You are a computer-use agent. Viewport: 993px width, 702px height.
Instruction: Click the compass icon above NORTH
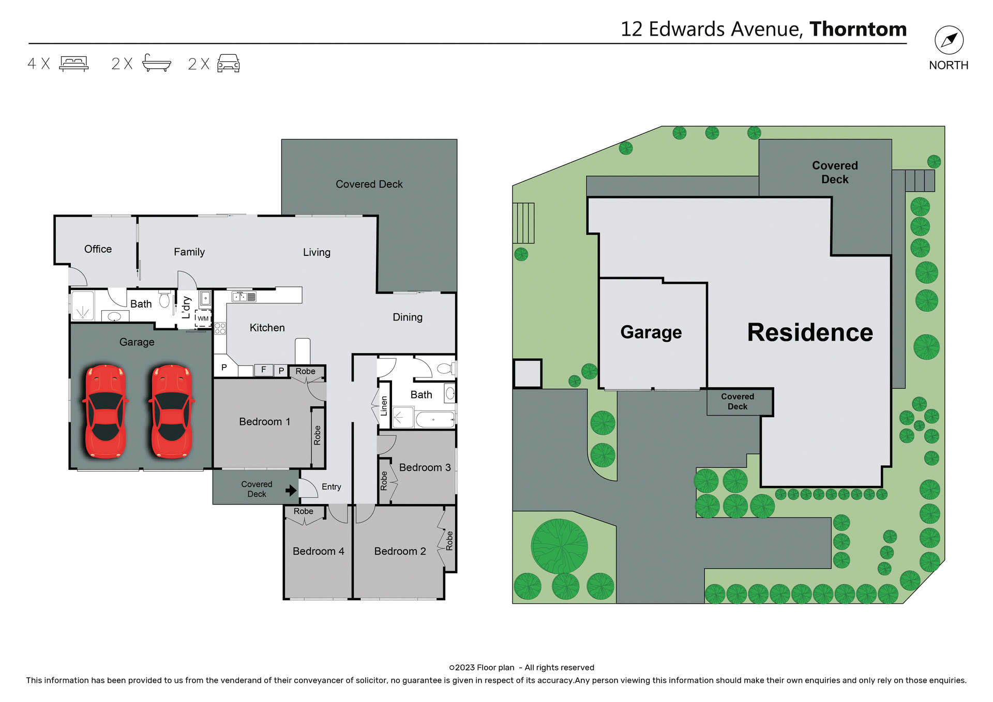949,40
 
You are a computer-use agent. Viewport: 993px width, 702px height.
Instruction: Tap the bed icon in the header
74,64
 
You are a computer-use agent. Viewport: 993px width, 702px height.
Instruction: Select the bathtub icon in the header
156,63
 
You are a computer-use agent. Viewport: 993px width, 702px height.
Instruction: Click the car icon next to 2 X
228,64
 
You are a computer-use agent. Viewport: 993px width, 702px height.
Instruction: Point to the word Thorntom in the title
857,29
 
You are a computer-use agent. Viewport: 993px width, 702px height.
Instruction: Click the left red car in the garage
106,412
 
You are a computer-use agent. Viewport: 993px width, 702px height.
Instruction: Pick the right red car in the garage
172,412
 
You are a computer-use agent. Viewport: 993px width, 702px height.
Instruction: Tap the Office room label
98,249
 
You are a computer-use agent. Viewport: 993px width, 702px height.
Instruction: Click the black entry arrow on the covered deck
291,490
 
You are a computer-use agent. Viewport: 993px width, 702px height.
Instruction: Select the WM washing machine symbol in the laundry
203,318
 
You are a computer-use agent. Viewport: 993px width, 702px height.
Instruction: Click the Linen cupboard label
384,406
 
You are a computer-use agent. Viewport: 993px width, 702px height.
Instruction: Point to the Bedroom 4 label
318,552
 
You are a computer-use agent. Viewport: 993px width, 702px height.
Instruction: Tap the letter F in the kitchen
264,370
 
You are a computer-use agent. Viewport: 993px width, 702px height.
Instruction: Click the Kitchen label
267,328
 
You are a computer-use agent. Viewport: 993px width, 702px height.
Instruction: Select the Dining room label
408,317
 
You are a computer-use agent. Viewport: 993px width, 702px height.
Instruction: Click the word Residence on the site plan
810,332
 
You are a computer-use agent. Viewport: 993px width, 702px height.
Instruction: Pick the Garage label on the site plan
651,332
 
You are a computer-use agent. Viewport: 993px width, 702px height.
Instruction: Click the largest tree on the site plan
559,546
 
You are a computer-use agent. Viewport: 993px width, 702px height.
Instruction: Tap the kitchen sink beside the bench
240,297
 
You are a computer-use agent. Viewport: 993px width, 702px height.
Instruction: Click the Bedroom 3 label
425,468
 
